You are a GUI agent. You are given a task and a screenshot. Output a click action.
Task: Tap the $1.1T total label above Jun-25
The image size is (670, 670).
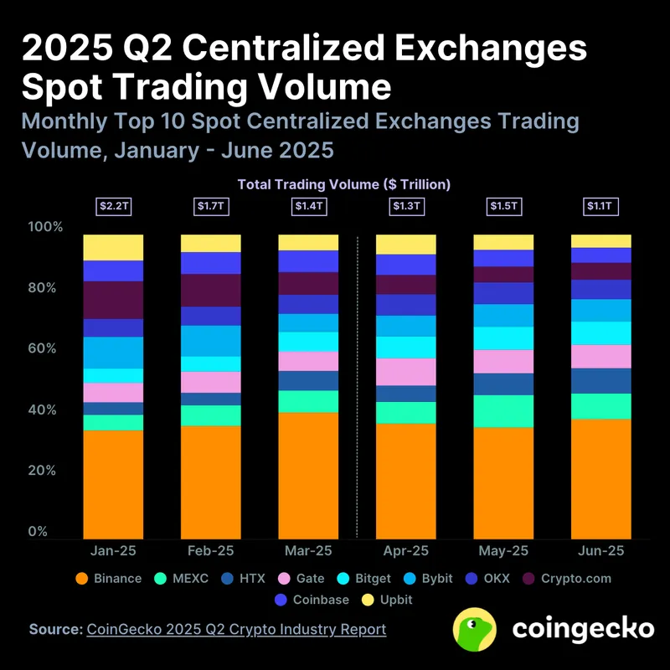600,205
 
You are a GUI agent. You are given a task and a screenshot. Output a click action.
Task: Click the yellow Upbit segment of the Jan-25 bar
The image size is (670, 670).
113,247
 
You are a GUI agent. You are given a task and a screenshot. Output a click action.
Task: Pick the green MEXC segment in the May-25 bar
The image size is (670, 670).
503,411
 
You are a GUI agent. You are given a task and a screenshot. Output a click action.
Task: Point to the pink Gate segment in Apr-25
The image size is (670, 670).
405,371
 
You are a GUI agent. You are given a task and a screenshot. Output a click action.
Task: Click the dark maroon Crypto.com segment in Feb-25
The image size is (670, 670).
211,290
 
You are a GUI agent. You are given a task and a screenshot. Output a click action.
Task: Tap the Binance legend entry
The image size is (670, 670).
109,579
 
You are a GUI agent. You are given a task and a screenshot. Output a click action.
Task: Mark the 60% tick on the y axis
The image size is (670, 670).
46,349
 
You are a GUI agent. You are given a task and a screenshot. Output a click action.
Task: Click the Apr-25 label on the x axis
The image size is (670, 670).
405,551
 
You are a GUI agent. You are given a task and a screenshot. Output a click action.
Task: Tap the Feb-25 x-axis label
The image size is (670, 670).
211,551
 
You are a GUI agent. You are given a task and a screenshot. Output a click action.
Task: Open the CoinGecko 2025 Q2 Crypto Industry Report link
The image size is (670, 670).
236,629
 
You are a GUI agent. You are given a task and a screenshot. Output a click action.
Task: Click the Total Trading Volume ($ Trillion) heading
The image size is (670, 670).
344,183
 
